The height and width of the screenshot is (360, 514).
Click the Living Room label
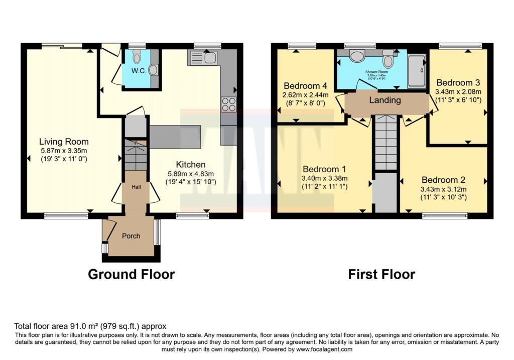coord(64,142)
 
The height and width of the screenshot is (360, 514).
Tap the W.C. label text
coord(139,71)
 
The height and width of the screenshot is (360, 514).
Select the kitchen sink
coord(203,58)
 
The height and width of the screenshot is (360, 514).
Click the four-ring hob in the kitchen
coord(229,103)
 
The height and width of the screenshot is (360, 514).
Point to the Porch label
coord(131,236)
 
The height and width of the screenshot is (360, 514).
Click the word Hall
coord(136,187)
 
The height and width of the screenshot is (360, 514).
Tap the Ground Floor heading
coord(131,274)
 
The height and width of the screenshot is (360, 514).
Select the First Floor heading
coord(381,274)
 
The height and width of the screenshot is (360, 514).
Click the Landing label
coord(385,100)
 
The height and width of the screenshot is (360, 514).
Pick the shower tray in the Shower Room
coord(416,71)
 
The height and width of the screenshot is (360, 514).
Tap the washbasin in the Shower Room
coord(357,56)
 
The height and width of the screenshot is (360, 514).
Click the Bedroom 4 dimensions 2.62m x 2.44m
coord(305,94)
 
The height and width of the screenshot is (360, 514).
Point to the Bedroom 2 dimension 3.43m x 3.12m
coord(444,189)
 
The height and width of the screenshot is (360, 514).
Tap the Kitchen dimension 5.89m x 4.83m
coord(191,174)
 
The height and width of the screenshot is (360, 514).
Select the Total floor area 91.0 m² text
coord(90,326)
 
